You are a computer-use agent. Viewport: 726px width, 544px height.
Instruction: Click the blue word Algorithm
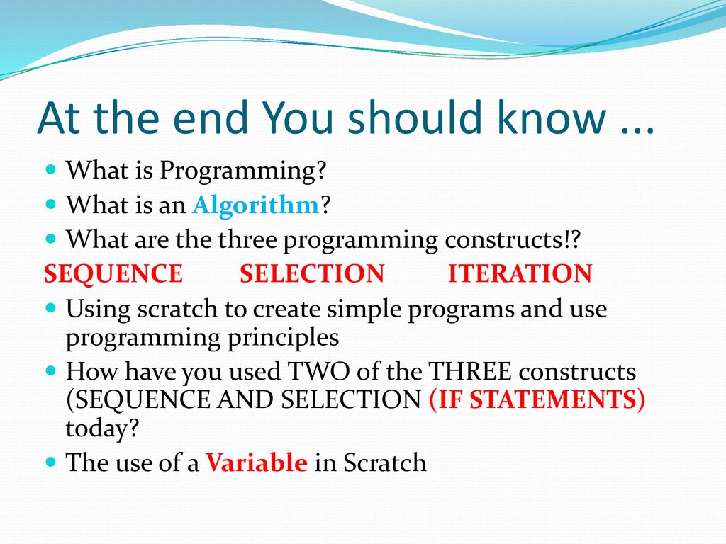(x=256, y=205)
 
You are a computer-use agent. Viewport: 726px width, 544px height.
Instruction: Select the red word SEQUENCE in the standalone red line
(x=113, y=274)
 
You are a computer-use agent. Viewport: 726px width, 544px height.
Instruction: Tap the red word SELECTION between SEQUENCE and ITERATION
(x=312, y=273)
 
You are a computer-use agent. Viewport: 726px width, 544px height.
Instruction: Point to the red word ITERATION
(x=520, y=273)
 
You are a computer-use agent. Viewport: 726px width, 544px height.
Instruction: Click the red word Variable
(x=257, y=462)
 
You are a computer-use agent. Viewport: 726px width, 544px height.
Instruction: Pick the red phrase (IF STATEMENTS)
(x=537, y=399)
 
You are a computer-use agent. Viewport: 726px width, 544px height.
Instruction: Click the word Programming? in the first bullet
(x=243, y=171)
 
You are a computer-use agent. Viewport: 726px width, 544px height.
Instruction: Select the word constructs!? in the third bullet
(x=513, y=239)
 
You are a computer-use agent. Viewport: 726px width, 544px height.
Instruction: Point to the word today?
(x=102, y=429)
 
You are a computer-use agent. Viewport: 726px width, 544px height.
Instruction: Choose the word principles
(x=283, y=338)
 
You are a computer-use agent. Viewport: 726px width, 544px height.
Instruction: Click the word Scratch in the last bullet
(x=385, y=462)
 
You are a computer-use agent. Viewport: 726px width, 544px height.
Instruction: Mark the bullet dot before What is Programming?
(x=51, y=169)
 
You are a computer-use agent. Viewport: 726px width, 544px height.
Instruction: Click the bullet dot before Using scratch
(x=51, y=307)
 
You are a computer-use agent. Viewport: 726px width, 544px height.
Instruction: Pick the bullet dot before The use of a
(x=51, y=461)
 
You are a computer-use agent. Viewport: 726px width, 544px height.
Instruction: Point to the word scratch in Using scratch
(x=177, y=309)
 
